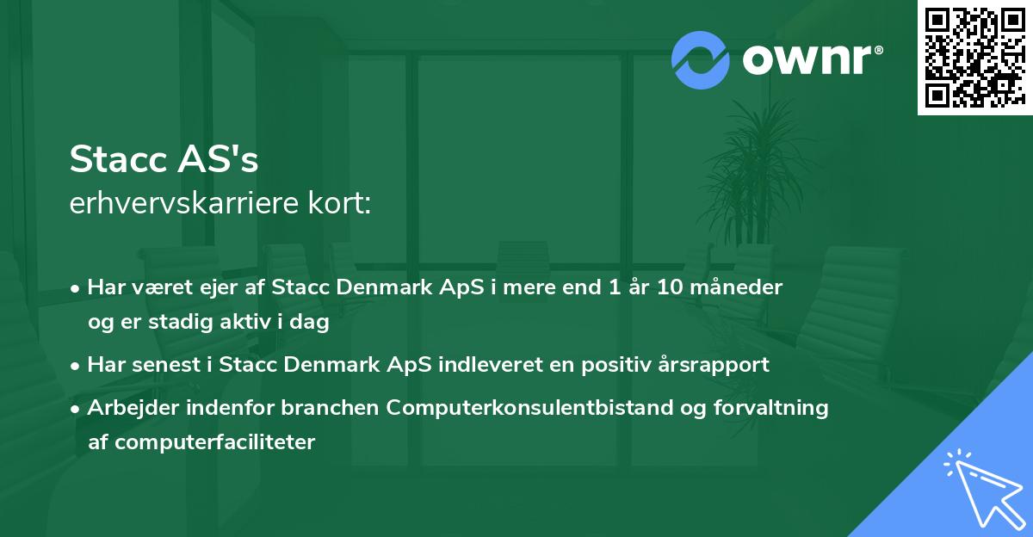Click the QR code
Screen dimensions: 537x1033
tap(974, 58)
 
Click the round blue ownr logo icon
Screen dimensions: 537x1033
tap(702, 59)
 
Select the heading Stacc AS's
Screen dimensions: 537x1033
tap(164, 159)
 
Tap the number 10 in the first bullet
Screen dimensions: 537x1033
tap(669, 287)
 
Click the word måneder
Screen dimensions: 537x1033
tap(739, 287)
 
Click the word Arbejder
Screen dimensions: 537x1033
tap(128, 408)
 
